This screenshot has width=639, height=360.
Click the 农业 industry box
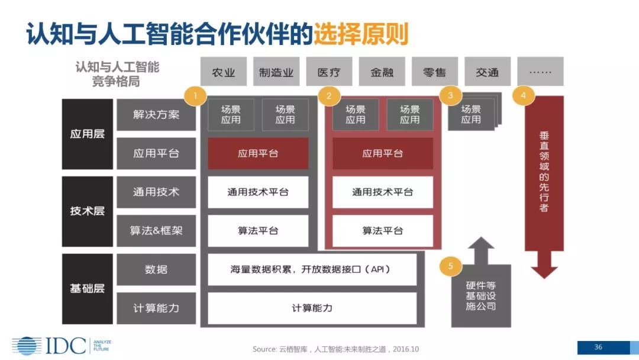pyautogui.click(x=224, y=72)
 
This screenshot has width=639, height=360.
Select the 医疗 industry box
pyautogui.click(x=329, y=72)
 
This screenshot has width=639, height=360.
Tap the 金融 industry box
pyautogui.click(x=382, y=72)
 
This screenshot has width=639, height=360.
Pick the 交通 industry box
pyautogui.click(x=487, y=72)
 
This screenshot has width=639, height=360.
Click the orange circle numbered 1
pyautogui.click(x=196, y=95)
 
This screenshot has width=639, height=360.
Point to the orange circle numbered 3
pyautogui.click(x=451, y=95)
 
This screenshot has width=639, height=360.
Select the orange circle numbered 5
pyautogui.click(x=450, y=266)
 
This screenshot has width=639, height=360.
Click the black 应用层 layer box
pyautogui.click(x=87, y=134)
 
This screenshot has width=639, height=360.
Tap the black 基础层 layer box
pyautogui.click(x=87, y=289)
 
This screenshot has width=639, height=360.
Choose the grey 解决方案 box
pyautogui.click(x=156, y=114)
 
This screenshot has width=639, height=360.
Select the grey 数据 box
pyautogui.click(x=156, y=269)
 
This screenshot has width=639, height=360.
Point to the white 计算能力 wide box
pyautogui.click(x=312, y=308)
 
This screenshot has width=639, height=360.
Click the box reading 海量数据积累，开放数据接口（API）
pyautogui.click(x=312, y=269)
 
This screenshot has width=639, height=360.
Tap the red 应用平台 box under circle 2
pyautogui.click(x=382, y=153)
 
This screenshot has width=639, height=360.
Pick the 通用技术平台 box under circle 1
pyautogui.click(x=258, y=192)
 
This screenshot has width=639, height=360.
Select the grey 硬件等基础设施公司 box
pyautogui.click(x=480, y=296)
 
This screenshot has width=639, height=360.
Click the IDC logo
pyautogui.click(x=50, y=346)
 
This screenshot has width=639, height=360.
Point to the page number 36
pyautogui.click(x=598, y=347)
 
